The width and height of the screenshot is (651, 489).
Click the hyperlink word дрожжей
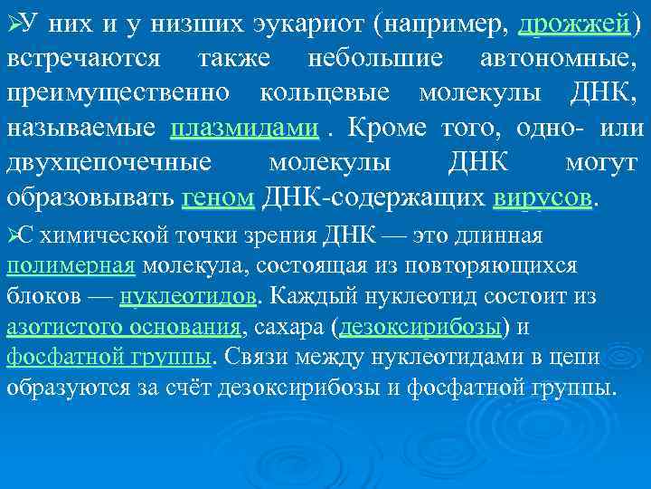tap(574, 26)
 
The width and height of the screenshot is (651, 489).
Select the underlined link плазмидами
tap(244, 128)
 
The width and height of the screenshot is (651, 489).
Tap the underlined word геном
tap(221, 197)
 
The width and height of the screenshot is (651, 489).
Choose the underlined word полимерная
tap(71, 266)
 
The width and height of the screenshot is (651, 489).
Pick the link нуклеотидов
tap(188, 296)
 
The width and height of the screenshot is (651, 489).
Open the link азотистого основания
tap(123, 327)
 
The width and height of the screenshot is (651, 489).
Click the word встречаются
tap(84, 60)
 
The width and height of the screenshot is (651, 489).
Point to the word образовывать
tap(90, 197)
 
